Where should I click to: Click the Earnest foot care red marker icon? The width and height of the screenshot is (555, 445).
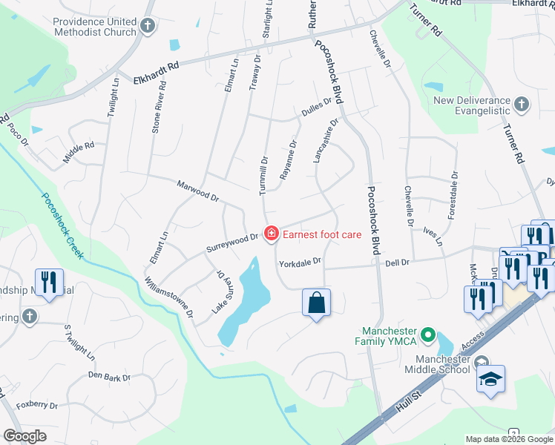272,234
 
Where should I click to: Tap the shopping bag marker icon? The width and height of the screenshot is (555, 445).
316,303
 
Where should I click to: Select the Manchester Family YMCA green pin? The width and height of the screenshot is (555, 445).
427,336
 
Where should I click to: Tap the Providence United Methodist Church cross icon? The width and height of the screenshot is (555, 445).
147,27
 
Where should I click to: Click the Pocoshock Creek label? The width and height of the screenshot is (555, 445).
63,226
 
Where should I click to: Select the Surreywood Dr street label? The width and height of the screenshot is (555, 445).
233,240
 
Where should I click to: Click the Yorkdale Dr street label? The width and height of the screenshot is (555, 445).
300,262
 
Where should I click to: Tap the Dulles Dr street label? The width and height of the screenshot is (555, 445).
316,108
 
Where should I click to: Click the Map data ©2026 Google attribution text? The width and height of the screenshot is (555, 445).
508,439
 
